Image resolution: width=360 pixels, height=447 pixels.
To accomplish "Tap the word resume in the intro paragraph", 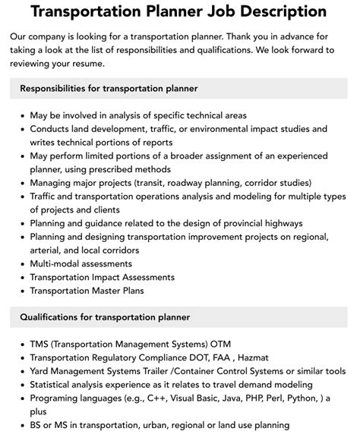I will point(111,65).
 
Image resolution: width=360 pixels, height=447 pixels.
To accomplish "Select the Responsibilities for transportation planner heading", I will point(109,89).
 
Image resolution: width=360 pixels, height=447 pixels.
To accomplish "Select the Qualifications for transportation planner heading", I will point(105,316).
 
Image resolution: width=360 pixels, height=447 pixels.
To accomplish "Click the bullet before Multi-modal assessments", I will point(19,264).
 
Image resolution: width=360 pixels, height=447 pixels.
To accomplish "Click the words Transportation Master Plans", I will point(87,291).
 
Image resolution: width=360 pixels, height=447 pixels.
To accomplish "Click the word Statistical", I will point(54,384).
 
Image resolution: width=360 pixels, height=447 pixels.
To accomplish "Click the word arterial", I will point(49,250).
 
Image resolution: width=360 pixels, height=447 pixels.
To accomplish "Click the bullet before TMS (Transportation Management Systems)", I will point(19,343).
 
